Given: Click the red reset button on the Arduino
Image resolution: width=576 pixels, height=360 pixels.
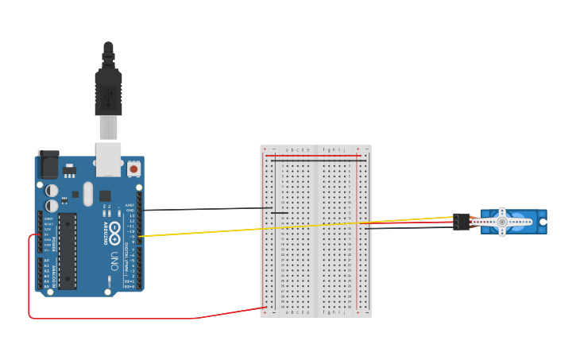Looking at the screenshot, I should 133,168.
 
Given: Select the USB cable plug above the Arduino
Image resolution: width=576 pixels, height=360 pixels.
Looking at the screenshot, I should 108,87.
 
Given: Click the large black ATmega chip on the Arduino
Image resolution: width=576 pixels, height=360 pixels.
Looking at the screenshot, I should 68,250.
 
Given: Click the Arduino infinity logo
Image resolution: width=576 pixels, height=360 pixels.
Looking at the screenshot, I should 114,235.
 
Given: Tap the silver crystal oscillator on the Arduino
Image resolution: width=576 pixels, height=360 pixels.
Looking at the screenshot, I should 87,193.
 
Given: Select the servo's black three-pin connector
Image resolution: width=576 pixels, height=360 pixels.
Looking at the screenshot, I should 461,222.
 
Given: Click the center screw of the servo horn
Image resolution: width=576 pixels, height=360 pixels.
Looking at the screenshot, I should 501,222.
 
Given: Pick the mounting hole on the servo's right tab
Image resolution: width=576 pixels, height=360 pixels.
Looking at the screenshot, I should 543,222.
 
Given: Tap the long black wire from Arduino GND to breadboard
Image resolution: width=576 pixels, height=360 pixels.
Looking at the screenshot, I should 207,209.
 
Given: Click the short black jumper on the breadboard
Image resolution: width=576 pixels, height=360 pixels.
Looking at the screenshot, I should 280,212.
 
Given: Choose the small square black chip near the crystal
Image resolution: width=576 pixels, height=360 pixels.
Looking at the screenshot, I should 105,195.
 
